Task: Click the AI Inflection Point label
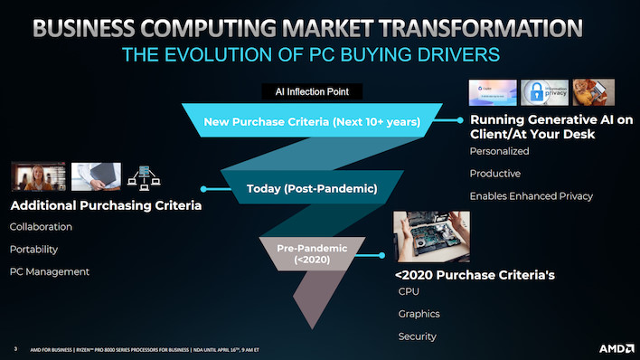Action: point(312,91)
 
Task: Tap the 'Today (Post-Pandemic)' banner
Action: point(311,189)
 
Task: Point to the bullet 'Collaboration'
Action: point(41,226)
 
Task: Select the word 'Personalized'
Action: point(499,150)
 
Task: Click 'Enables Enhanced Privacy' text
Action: point(531,196)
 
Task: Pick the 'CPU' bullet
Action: point(409,291)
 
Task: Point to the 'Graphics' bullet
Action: point(419,314)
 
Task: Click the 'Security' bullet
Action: point(417,336)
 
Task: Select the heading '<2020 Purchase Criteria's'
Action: point(461,274)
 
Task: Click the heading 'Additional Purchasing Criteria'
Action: point(105,206)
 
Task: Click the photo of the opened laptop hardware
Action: point(432,236)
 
